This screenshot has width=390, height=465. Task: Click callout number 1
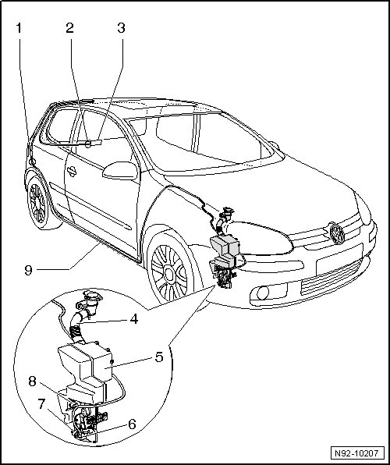click(x=19, y=28)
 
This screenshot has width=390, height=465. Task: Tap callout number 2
click(x=69, y=28)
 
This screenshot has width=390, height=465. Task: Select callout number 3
click(x=121, y=28)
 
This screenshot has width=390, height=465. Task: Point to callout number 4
click(x=134, y=319)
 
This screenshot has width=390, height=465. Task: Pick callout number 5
click(x=159, y=357)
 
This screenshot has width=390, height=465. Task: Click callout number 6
click(x=132, y=424)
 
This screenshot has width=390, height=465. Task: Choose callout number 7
click(x=41, y=404)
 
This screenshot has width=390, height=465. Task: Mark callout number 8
click(x=32, y=382)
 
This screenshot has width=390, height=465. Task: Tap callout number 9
click(x=29, y=270)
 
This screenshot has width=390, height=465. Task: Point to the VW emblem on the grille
click(x=338, y=233)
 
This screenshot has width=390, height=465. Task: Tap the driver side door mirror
click(x=120, y=171)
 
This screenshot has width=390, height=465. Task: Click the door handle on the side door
click(x=72, y=171)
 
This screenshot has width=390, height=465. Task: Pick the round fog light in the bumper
click(x=263, y=293)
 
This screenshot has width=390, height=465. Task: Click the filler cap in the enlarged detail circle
click(x=92, y=296)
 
